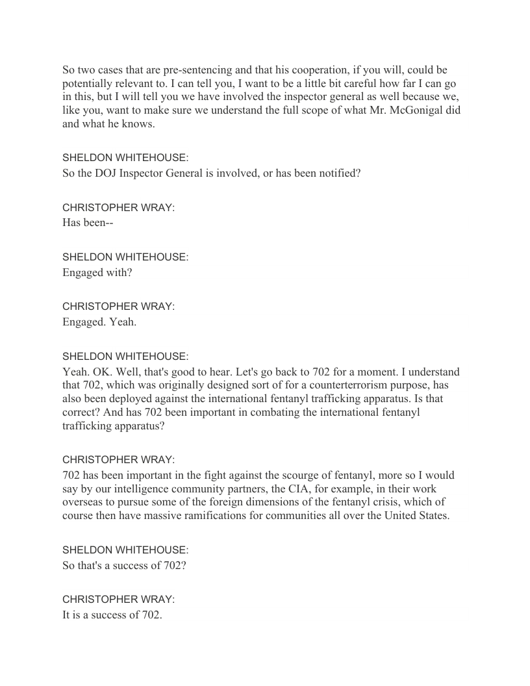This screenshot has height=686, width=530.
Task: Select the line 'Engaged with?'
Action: [97, 272]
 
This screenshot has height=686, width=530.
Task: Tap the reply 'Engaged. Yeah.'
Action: [99, 322]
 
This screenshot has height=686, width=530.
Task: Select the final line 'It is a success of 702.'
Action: [112, 615]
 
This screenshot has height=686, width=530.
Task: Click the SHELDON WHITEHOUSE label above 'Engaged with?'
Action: [125, 257]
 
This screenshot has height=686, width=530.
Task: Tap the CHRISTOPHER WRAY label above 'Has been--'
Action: [118, 208]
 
